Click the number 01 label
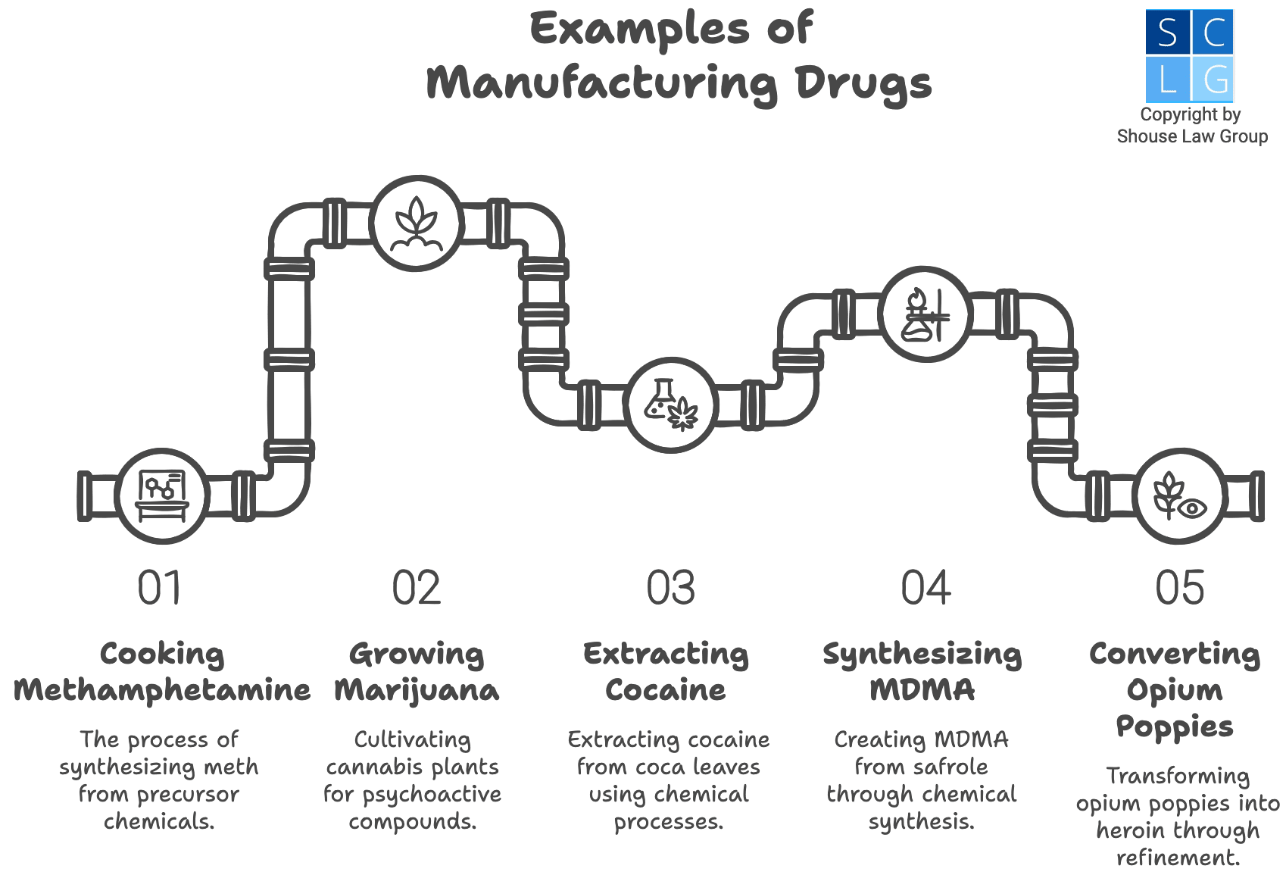coord(160,588)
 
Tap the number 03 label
coord(670,588)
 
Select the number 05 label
coord(1179,588)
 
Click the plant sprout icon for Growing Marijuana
coord(417,223)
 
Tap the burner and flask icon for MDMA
coord(925,314)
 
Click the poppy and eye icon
coord(1179,496)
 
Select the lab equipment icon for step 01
coord(161,496)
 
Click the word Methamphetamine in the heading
coord(162,690)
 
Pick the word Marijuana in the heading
coord(417,690)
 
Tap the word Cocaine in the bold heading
coord(666,690)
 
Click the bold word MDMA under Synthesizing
coord(922,690)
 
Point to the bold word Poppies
coord(1175,727)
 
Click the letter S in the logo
coord(1167,33)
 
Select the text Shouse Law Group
coord(1192,136)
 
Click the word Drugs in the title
coord(863,83)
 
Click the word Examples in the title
coord(639,30)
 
